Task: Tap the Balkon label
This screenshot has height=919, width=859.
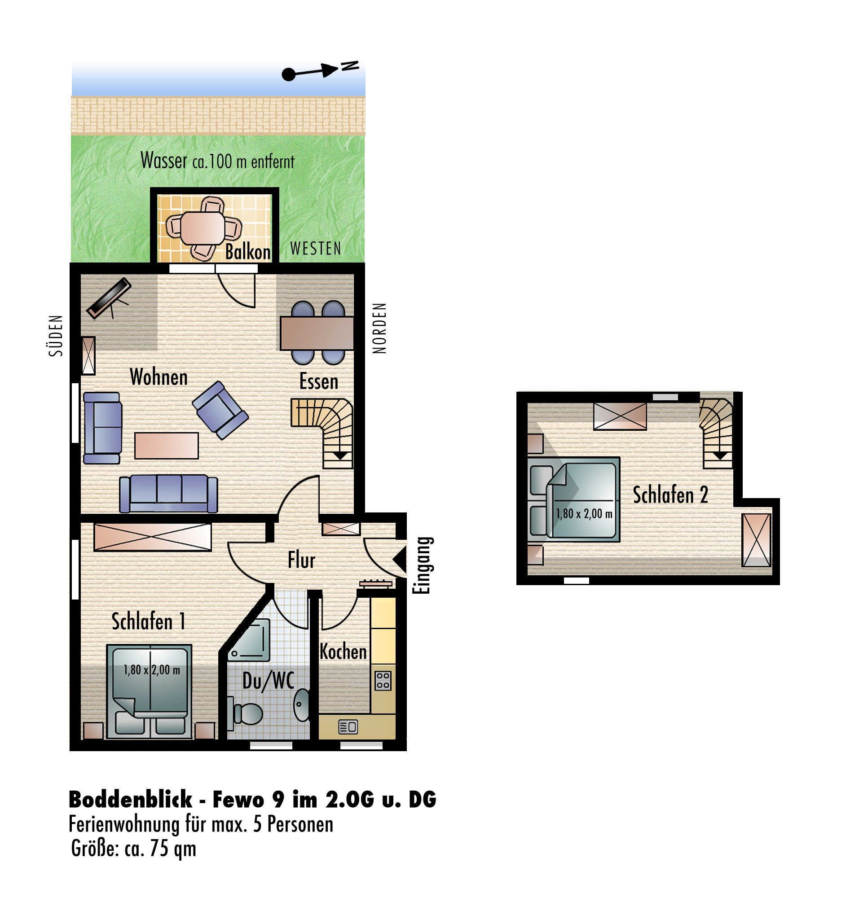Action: pos(247,252)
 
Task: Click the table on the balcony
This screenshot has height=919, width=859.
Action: pos(202,228)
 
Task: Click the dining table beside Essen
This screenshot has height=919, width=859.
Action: pos(317,333)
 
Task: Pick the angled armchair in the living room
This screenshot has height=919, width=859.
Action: pos(220,410)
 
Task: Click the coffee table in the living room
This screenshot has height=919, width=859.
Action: pos(167,446)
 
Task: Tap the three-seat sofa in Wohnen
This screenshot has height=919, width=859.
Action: pos(168,494)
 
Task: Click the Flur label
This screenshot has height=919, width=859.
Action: pos(302,560)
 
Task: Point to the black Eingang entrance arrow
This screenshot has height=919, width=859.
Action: pos(400,560)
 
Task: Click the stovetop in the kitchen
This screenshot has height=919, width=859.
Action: pos(383,680)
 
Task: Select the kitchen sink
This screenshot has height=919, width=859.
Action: pos(348,727)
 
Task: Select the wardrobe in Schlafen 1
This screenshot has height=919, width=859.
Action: pos(153,537)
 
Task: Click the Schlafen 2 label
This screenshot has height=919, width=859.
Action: pos(670,495)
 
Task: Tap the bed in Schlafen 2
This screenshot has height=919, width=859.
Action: pos(573,499)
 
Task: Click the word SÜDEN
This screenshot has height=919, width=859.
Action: pos(56,336)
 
